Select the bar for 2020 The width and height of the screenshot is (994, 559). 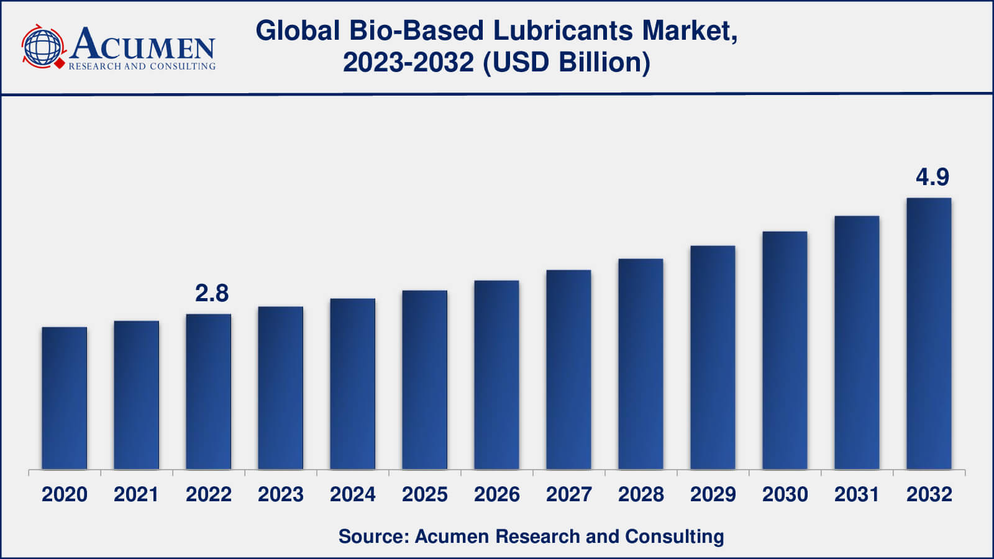click(65, 398)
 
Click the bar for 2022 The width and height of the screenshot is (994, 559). click(209, 391)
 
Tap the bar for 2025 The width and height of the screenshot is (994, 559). click(424, 379)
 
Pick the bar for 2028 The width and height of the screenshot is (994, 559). click(641, 363)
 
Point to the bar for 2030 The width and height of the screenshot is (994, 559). click(785, 350)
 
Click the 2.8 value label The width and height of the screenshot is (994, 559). click(212, 293)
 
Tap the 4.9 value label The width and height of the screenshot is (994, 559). click(932, 178)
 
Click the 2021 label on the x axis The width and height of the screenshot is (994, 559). click(136, 494)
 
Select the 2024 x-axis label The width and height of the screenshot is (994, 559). click(352, 494)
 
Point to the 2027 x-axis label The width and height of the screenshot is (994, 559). click(568, 494)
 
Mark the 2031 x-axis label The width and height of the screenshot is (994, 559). click(857, 494)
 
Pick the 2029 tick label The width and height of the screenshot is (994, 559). click(713, 494)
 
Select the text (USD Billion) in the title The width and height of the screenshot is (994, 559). click(567, 63)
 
